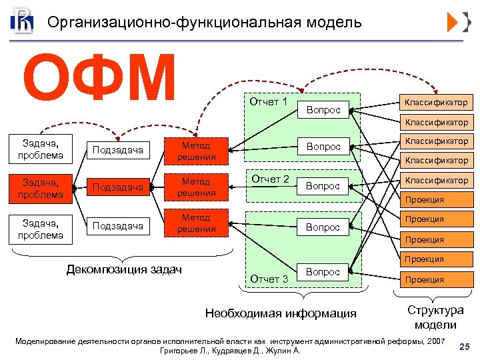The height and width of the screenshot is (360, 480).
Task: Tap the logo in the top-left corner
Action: click(x=21, y=22)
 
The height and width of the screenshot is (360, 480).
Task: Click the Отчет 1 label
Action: click(x=268, y=102)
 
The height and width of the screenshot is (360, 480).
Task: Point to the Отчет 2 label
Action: click(x=269, y=179)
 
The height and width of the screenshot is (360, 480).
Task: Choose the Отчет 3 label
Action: click(x=269, y=279)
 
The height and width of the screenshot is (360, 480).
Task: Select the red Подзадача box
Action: click(x=118, y=187)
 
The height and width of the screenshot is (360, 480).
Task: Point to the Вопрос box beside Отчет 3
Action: click(x=323, y=272)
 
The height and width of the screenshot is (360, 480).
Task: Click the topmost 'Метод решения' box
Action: click(x=196, y=151)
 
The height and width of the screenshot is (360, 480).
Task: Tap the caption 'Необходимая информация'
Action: click(x=281, y=313)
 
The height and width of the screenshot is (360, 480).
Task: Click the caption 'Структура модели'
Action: click(x=435, y=317)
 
